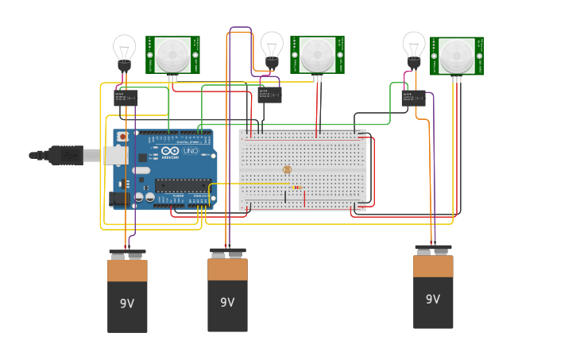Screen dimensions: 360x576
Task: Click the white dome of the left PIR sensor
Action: pyautogui.click(x=172, y=54)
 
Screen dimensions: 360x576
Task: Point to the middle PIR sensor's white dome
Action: pyautogui.click(x=317, y=54)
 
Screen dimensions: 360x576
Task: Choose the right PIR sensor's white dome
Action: pyautogui.click(x=457, y=55)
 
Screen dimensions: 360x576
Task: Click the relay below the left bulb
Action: pyautogui.click(x=126, y=98)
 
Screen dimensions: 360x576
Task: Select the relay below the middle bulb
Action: pyautogui.click(x=269, y=95)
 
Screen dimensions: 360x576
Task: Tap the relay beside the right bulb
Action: pyautogui.click(x=414, y=99)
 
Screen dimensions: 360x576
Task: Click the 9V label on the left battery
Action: pyautogui.click(x=127, y=304)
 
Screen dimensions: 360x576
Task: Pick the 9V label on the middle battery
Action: pyautogui.click(x=227, y=302)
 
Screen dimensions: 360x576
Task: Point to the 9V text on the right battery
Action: pyautogui.click(x=432, y=300)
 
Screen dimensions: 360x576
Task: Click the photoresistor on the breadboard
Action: pyautogui.click(x=287, y=169)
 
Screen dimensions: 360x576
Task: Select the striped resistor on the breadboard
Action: pyautogui.click(x=296, y=188)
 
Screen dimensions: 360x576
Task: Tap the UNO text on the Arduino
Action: pyautogui.click(x=191, y=151)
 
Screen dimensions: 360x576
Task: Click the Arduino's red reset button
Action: pyautogui.click(x=122, y=137)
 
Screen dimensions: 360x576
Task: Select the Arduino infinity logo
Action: pyautogui.click(x=170, y=151)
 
